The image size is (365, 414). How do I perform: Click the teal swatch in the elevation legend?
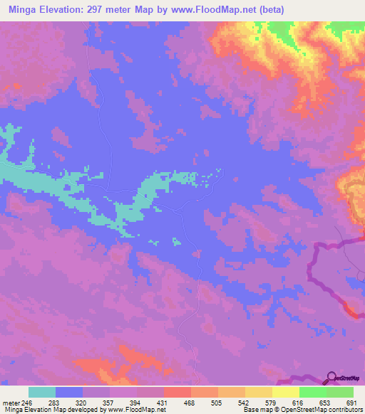tap(42, 392)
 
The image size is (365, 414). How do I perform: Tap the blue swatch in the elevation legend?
tap(69, 392)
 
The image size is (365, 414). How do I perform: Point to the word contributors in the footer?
tap(342, 410)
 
